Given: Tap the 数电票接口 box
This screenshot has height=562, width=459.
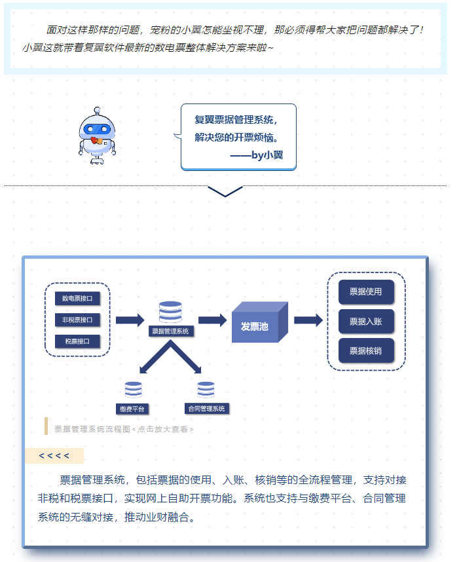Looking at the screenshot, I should tap(77, 299).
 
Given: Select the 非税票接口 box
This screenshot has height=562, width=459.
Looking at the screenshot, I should tap(77, 320).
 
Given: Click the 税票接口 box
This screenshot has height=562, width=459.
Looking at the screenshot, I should tap(77, 341).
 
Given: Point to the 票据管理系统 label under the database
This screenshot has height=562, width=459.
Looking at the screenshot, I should tap(170, 331).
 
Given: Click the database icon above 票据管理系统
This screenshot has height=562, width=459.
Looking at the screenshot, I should tap(170, 312).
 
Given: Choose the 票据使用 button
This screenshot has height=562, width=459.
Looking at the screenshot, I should tap(366, 292).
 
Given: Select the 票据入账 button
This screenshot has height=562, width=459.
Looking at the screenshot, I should tap(366, 322).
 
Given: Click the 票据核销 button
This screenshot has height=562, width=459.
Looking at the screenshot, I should tap(366, 350).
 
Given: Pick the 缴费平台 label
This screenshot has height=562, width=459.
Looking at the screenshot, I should tap(133, 409).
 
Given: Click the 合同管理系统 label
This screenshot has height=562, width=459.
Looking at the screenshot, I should tap(206, 409).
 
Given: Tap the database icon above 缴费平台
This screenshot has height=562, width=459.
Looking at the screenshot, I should tap(133, 390).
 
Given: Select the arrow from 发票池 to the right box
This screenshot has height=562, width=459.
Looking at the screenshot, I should tap(308, 320).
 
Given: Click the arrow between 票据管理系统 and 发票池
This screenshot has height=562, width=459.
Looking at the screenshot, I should tap(213, 320).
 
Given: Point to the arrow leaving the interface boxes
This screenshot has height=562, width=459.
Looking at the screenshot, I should tap(130, 320).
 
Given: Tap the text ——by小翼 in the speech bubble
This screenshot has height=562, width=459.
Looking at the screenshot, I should tap(257, 156).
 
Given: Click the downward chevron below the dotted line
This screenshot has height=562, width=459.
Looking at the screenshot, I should tap(225, 191).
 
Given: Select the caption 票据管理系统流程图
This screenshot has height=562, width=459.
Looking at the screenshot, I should tap(92, 430).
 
